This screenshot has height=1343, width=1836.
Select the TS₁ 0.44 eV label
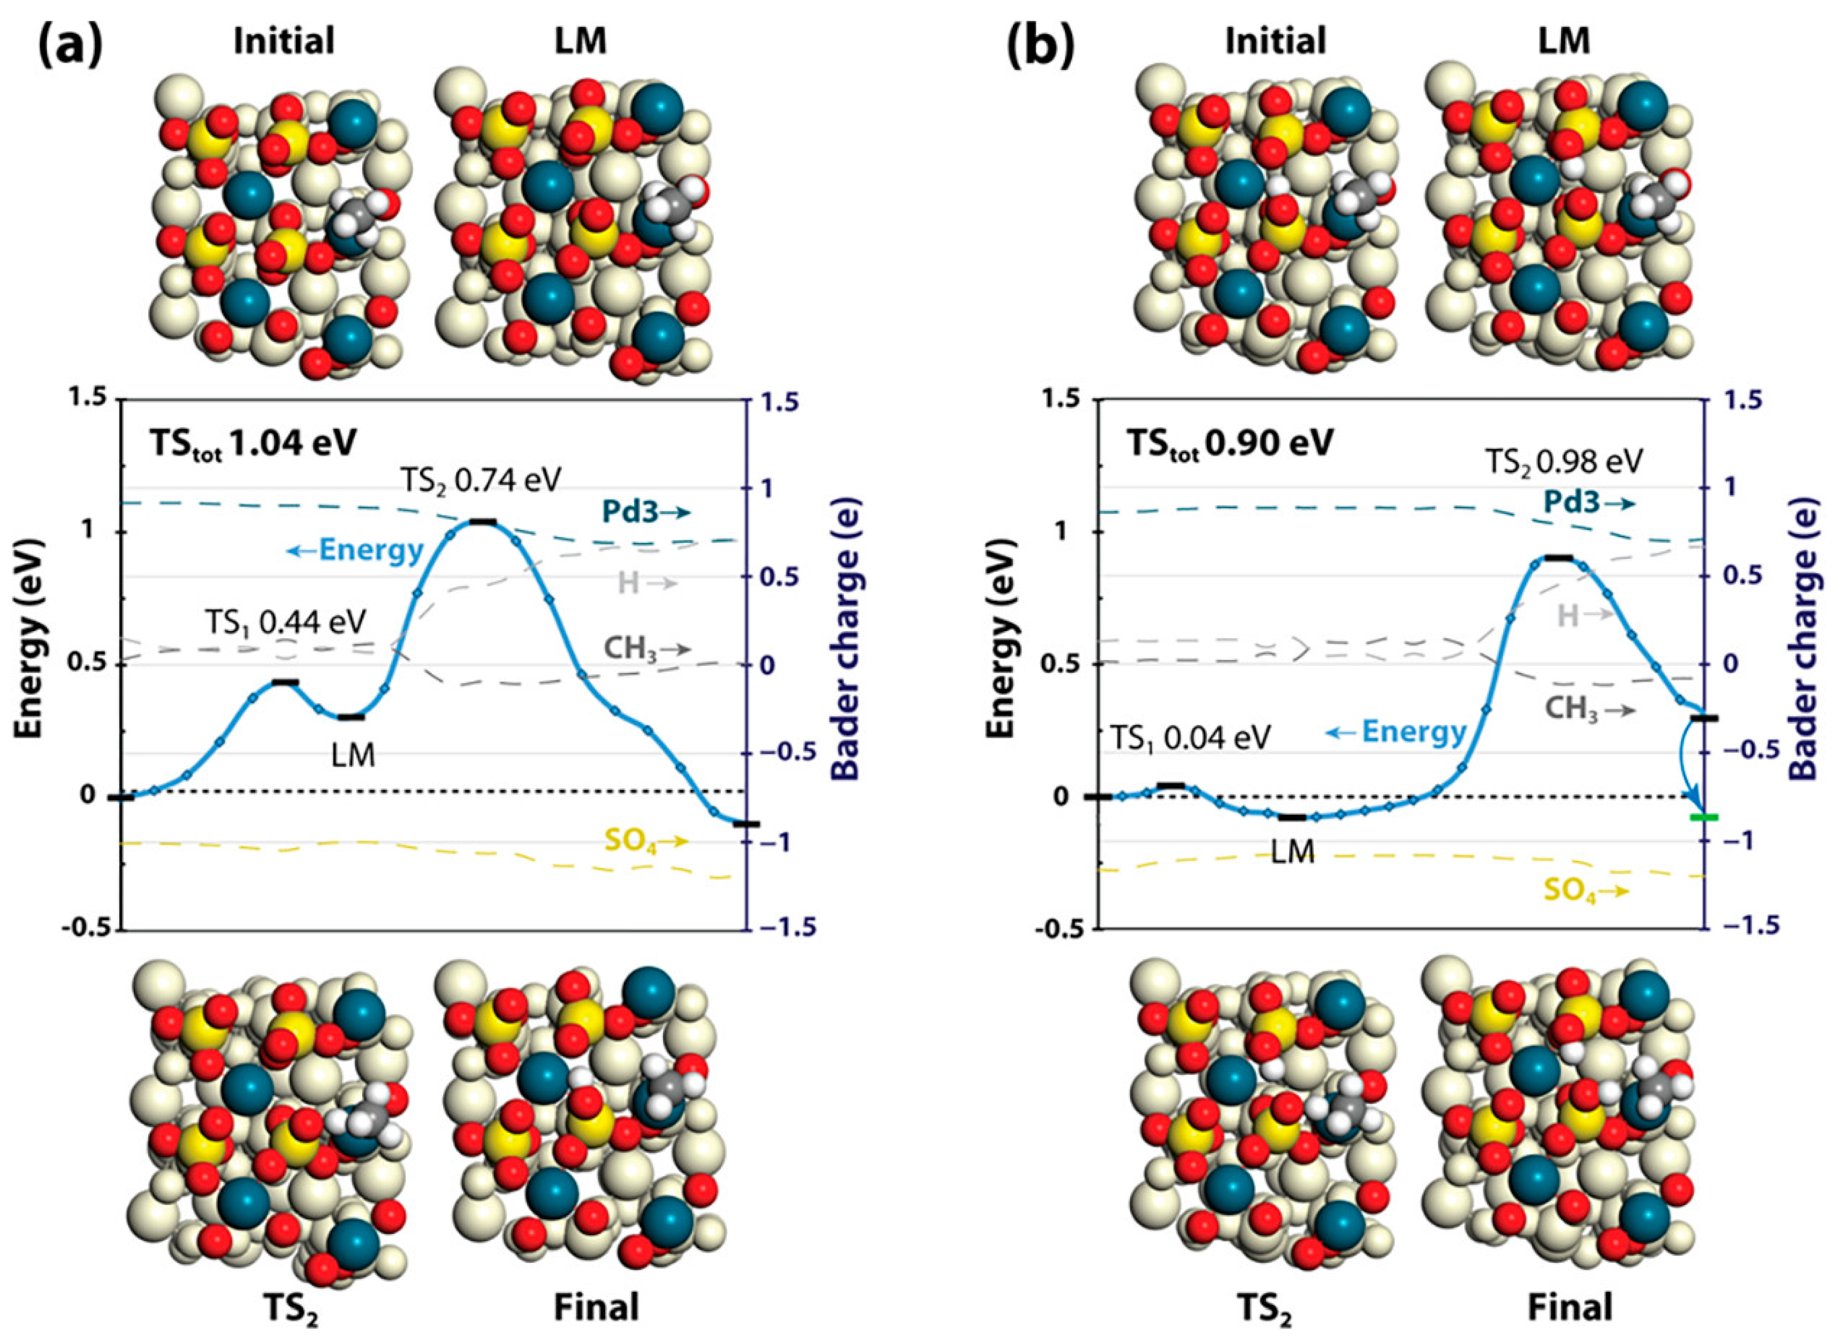coord(285,622)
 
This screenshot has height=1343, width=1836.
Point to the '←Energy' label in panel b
coord(1396,732)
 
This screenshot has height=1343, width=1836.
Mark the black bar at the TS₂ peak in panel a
coord(483,521)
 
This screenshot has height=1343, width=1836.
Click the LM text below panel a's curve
coord(354,756)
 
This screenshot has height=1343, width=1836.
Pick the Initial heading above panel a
coord(284,41)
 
